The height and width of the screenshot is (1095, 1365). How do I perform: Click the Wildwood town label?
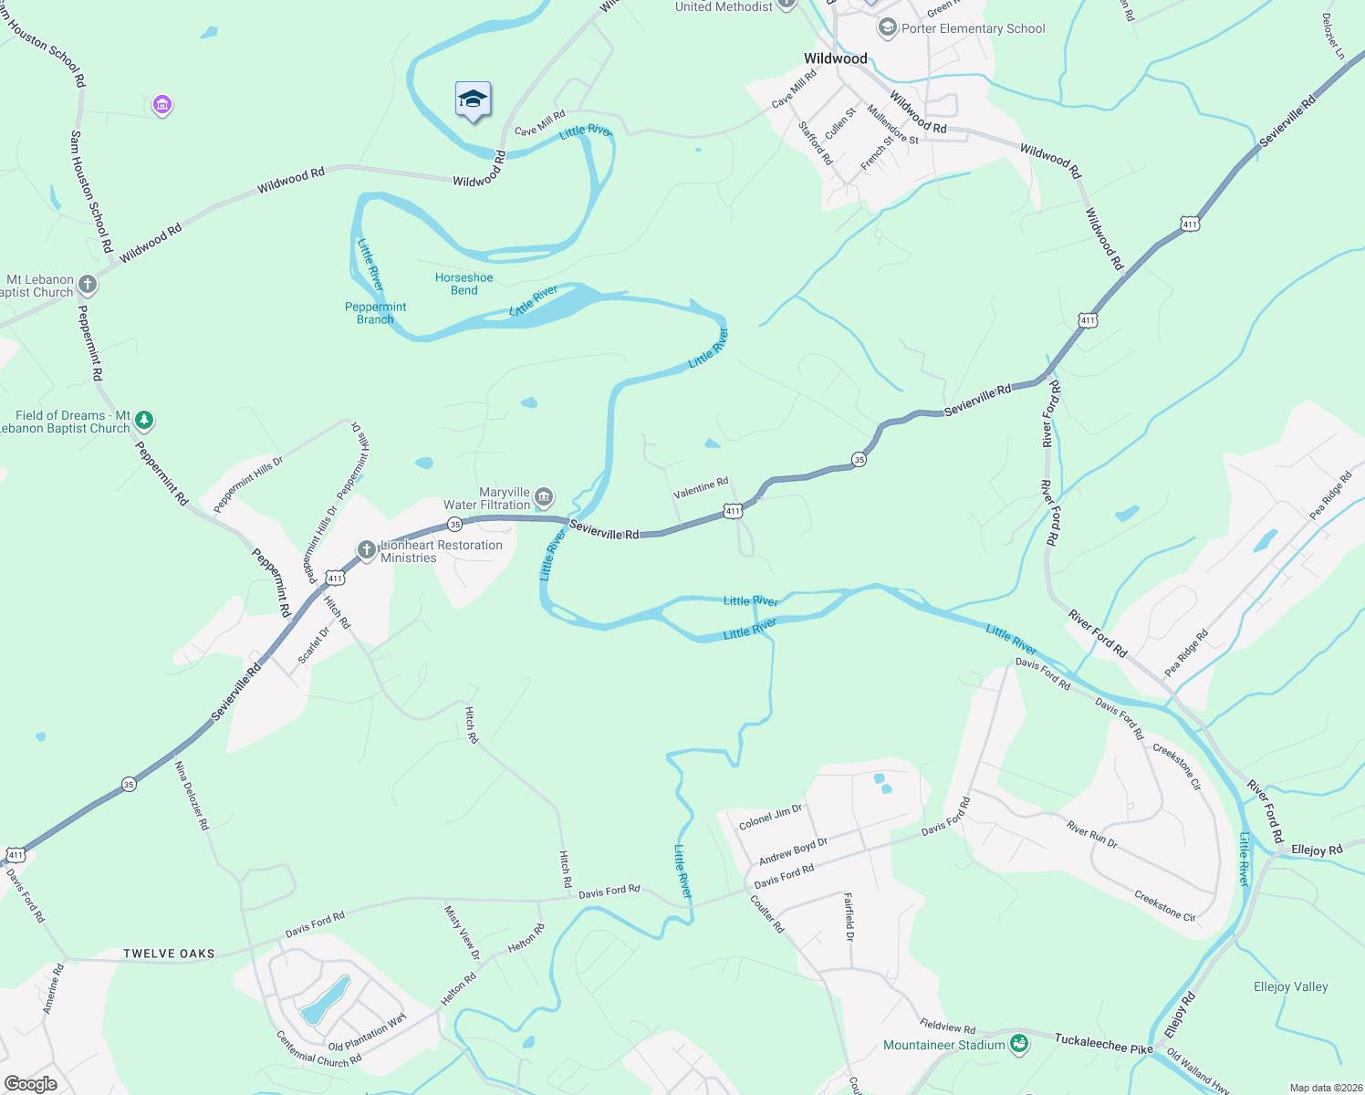click(835, 58)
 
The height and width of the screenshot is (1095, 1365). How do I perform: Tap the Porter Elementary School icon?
click(887, 28)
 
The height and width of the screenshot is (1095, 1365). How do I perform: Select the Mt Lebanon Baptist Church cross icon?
click(88, 285)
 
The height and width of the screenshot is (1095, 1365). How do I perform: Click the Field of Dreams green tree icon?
click(144, 421)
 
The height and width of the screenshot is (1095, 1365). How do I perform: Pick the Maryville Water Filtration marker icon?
click(544, 497)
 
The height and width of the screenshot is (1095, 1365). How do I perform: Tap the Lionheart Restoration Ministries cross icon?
click(367, 549)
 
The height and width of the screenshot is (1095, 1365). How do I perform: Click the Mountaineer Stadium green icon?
click(1019, 1045)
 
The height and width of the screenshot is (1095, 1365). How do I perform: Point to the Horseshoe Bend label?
click(464, 284)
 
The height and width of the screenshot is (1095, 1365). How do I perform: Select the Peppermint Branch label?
click(375, 313)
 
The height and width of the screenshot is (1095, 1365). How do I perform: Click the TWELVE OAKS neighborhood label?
click(169, 954)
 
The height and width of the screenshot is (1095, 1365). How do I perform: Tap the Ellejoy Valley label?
click(1290, 986)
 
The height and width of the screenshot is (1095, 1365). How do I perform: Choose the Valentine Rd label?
click(701, 487)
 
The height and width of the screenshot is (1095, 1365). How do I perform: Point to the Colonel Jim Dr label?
click(770, 817)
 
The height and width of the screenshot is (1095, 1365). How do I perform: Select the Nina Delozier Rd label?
click(192, 795)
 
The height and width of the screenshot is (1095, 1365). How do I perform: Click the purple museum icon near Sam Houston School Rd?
click(162, 106)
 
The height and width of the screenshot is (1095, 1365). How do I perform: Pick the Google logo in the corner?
click(30, 1084)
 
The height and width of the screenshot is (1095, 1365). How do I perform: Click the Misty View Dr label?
click(462, 932)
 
